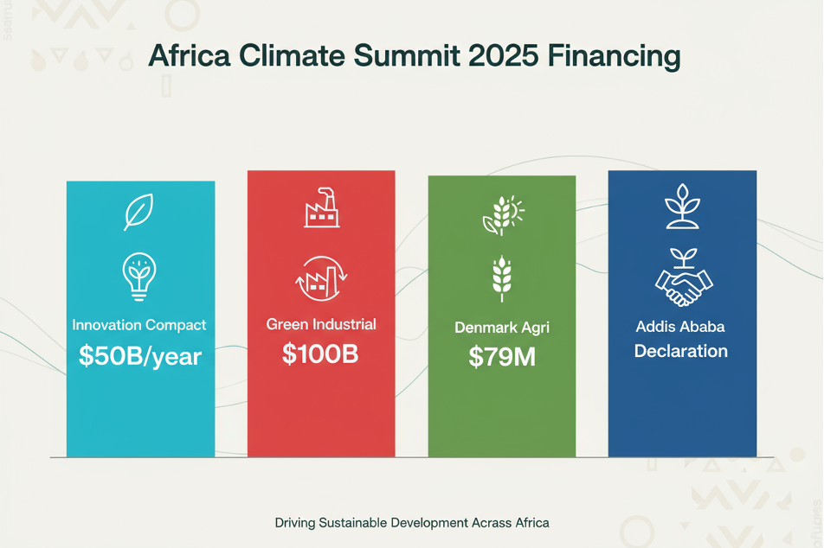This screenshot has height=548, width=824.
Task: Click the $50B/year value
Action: (140, 355)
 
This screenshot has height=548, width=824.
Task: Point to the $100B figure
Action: (320, 354)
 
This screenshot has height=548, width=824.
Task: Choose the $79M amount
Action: (502, 357)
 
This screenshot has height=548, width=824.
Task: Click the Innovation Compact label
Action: (139, 326)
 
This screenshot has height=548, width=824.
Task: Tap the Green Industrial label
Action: (321, 325)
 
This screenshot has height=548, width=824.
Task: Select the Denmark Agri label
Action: (502, 328)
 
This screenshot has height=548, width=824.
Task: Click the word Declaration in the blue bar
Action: (681, 352)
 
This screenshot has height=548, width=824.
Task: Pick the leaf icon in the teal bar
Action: (139, 212)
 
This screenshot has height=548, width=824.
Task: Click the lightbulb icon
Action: (139, 274)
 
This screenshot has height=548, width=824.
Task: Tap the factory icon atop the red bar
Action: (320, 207)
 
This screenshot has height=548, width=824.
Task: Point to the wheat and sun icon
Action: (502, 215)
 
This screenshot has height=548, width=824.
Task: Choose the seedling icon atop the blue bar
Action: (682, 207)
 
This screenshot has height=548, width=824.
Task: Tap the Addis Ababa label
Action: (681, 328)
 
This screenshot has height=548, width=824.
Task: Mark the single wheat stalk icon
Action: (501, 278)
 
